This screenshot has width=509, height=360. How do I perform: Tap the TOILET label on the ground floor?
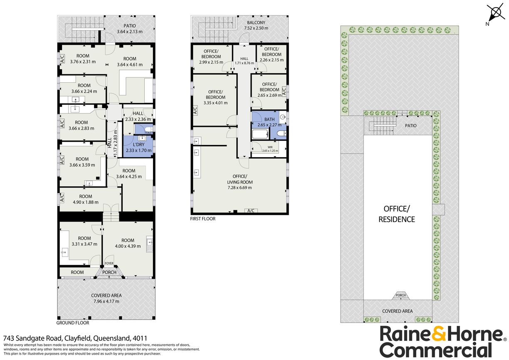click(x=149, y=133)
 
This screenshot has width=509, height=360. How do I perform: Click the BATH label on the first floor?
click(x=269, y=119)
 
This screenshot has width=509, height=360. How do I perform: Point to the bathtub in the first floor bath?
click(x=260, y=134)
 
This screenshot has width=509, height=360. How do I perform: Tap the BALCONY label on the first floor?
click(x=256, y=22)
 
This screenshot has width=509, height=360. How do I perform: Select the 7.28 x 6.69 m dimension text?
click(x=240, y=187)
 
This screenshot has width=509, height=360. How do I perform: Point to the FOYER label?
click(x=109, y=263)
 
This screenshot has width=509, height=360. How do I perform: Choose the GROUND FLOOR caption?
click(x=73, y=323)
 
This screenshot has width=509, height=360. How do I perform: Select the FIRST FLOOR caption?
click(x=203, y=219)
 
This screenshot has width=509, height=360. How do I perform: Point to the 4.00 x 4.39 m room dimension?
click(x=128, y=246)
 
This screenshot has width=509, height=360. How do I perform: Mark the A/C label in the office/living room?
click(x=250, y=211)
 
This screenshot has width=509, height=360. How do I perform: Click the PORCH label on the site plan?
click(x=400, y=296)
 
